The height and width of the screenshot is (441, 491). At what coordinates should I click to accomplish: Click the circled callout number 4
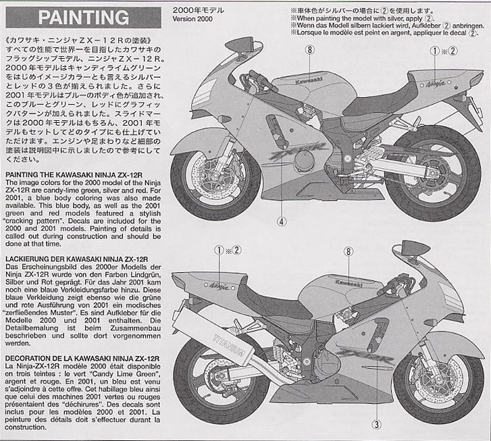[x=282, y=219]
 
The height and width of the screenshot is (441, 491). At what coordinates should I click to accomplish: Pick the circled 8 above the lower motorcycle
[x=347, y=251]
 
